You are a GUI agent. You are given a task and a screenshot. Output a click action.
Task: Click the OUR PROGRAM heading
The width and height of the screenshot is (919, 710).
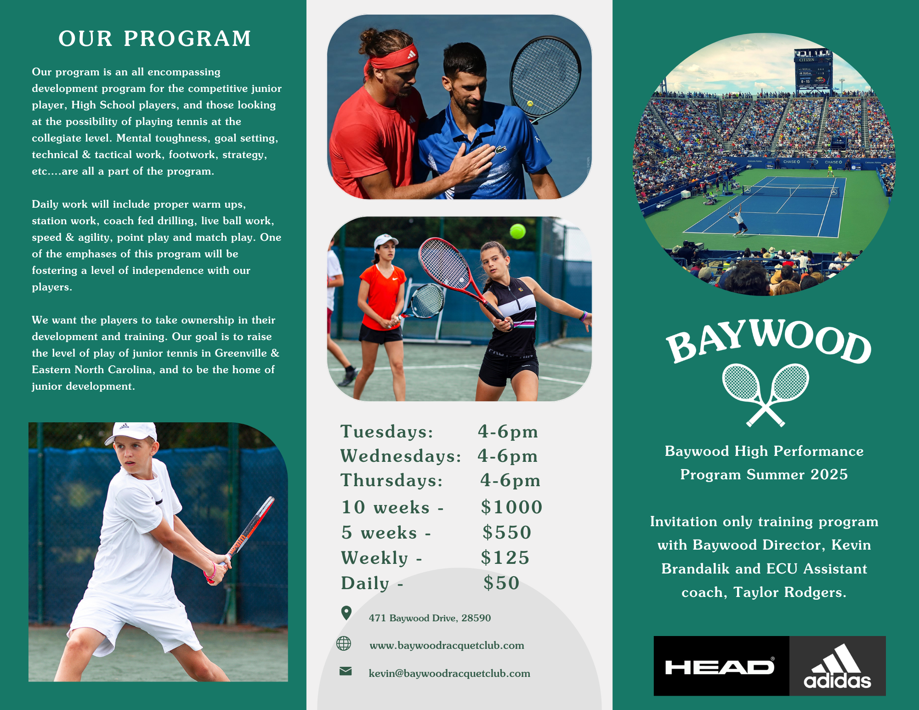(x=155, y=39)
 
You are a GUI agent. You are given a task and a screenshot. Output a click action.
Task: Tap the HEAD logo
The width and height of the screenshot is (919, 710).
(x=720, y=667)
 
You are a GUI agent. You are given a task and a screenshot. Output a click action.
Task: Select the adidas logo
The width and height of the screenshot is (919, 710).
(x=837, y=667)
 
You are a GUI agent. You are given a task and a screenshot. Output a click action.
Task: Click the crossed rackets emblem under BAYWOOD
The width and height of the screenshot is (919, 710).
(x=766, y=394)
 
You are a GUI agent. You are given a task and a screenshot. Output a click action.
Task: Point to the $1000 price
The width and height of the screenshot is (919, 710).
(x=511, y=507)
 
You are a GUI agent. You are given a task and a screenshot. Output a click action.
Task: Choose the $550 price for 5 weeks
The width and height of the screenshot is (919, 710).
(x=507, y=533)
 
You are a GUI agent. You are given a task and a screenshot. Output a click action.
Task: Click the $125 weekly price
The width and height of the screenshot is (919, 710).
(x=505, y=558)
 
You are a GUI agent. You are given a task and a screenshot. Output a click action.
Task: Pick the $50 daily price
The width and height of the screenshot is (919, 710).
(x=501, y=583)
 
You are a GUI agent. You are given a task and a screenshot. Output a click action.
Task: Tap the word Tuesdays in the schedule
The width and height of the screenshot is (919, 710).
(x=386, y=432)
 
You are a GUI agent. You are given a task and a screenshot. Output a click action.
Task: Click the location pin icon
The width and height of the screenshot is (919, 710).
(x=346, y=613)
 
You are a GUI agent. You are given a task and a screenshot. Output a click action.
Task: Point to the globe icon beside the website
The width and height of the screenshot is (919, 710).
(x=344, y=643)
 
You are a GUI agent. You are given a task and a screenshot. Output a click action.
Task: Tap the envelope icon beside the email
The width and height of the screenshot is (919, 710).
(x=346, y=671)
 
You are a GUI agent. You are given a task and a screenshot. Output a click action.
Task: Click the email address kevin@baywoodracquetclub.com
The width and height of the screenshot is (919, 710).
(x=449, y=674)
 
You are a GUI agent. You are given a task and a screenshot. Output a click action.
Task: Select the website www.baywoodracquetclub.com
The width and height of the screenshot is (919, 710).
(x=447, y=646)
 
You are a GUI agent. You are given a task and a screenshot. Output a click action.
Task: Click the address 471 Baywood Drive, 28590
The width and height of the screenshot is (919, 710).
(x=430, y=618)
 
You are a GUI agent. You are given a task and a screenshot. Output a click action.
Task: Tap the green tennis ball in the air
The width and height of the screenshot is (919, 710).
(x=517, y=231)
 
